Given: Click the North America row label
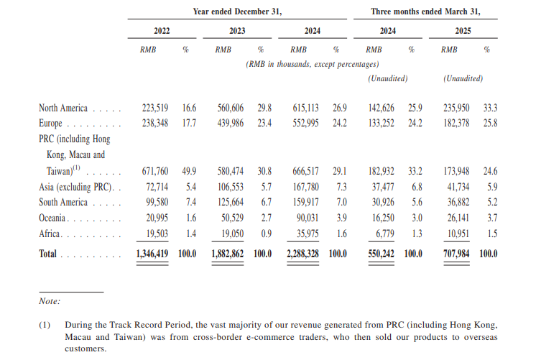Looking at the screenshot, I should coord(63,109).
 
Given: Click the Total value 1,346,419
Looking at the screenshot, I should coord(152,254).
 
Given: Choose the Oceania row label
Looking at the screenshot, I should coord(54,218).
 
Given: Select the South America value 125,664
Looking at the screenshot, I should coord(236,203).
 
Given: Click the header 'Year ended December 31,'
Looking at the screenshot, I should coord(237,12).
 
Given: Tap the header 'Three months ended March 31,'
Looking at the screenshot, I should coord(425,12).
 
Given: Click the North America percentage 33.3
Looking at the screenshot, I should coord(491,109).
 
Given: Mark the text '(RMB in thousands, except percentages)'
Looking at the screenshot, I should coord(313,64).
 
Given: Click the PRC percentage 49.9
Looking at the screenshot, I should coord(189,172).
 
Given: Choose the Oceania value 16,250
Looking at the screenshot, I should coord(386,218).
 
